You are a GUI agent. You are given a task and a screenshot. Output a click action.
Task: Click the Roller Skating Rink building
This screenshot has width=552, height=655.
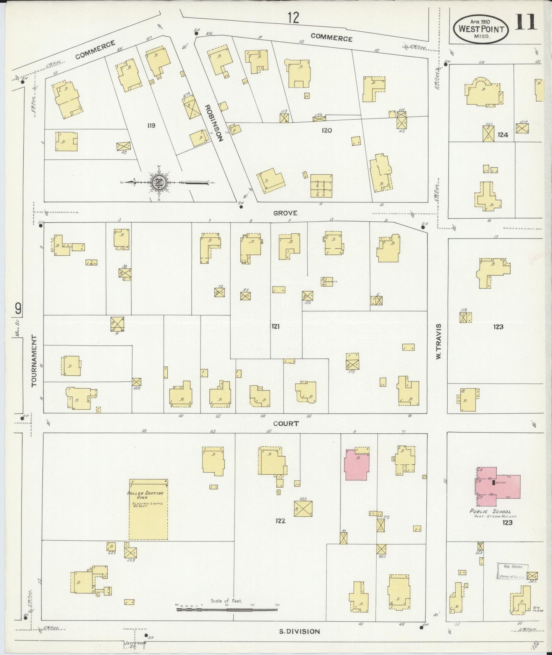click(149, 509)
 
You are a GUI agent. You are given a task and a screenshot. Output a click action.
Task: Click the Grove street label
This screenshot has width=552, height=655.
click(285, 213)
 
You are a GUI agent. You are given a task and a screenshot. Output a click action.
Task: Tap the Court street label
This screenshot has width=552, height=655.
click(286, 423)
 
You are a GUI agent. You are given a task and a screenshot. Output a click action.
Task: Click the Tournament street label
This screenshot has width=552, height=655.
click(35, 361)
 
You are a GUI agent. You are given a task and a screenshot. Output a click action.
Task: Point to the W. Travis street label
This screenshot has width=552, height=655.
click(438, 341)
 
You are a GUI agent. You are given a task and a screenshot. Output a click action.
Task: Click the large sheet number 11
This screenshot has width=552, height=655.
click(526, 23)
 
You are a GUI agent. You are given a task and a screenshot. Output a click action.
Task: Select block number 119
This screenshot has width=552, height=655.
click(151, 125)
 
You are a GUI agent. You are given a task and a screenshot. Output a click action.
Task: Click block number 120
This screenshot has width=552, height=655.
click(327, 131)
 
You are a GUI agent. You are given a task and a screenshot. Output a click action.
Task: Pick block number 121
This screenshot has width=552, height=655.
click(275, 326)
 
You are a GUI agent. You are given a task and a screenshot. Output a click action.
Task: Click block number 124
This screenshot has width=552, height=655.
click(503, 135)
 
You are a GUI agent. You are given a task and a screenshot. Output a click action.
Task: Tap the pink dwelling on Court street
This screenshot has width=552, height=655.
click(357, 465)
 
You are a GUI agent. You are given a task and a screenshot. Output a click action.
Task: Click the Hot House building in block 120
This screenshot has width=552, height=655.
click(321, 186)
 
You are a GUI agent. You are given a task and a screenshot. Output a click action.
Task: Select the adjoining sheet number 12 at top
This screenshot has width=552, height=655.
click(293, 18)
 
